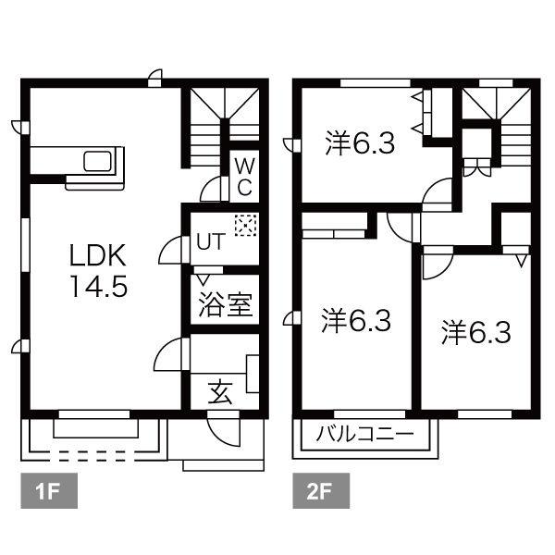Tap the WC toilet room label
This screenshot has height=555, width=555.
(x=243, y=176)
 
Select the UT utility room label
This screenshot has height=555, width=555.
(x=210, y=243)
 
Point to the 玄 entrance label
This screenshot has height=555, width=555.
(x=220, y=392)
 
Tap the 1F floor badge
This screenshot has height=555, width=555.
(x=47, y=491)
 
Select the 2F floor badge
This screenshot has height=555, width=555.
(x=321, y=491)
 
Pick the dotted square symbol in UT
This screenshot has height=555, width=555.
(x=246, y=225)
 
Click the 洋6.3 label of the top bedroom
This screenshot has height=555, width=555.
(x=361, y=144)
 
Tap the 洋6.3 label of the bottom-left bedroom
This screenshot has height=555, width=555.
(x=356, y=322)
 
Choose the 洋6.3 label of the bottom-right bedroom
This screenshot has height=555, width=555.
(x=476, y=332)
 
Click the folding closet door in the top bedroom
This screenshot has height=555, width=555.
(x=422, y=112)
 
